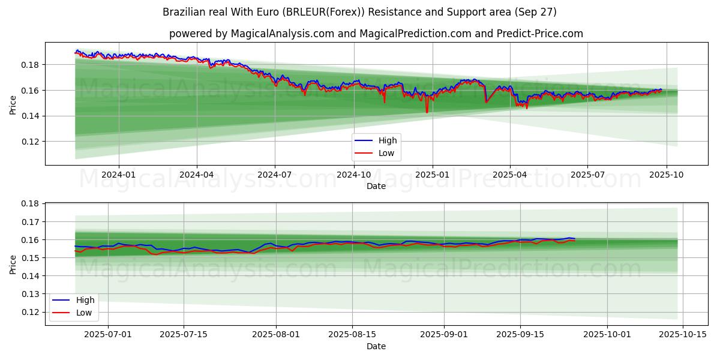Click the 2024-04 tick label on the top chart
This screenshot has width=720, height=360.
[197, 175]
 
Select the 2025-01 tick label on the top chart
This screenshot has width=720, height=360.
[432, 175]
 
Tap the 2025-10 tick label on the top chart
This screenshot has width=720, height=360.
[667, 175]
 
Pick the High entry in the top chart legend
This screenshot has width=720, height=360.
[387, 141]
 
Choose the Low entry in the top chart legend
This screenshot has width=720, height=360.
[386, 153]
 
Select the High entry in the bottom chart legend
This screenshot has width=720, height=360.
[85, 300]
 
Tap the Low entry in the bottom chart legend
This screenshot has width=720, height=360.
[83, 312]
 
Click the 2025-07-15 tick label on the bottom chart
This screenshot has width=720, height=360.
[184, 334]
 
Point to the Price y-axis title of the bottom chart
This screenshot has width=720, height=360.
[13, 264]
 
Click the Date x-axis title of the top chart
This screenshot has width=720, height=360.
[376, 187]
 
